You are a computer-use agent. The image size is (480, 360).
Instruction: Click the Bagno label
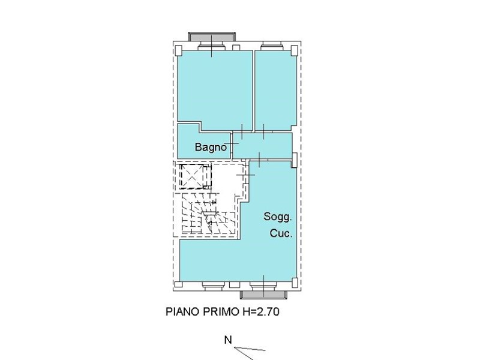click(x=211, y=147)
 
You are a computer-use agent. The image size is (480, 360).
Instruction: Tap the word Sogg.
click(x=278, y=217)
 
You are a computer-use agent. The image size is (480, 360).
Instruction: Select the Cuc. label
click(x=281, y=233)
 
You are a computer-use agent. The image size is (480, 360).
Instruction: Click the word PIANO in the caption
click(x=182, y=311)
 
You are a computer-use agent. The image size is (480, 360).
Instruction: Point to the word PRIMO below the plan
click(x=221, y=311)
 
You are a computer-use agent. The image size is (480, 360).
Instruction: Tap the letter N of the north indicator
click(x=228, y=340)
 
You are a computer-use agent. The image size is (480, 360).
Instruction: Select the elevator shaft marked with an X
click(x=192, y=176)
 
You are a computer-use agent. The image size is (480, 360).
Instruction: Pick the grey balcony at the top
click(x=212, y=37)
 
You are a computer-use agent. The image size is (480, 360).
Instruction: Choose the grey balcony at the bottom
click(x=263, y=295)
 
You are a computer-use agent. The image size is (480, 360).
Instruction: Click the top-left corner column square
click(x=178, y=50)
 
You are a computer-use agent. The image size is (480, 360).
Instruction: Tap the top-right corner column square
click(x=294, y=50)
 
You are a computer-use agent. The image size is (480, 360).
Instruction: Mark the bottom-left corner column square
click(x=178, y=284)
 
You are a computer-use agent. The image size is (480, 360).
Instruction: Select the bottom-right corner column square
click(x=295, y=282)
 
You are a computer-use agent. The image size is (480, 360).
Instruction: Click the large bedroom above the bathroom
click(x=215, y=89)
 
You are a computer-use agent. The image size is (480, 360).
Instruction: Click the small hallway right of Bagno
click(x=262, y=145)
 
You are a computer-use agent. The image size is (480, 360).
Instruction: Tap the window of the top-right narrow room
click(x=272, y=47)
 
